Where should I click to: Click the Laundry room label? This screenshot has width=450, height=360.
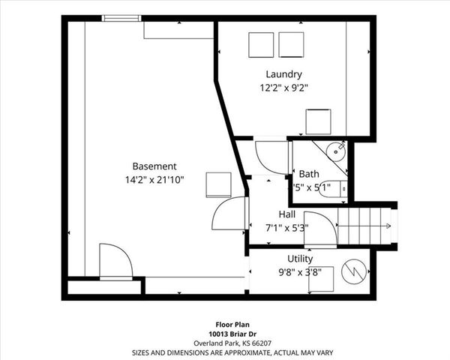(283, 74)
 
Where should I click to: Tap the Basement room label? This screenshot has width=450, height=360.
(154, 166)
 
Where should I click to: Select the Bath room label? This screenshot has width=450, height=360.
(308, 174)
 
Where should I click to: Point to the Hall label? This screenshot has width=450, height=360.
(287, 214)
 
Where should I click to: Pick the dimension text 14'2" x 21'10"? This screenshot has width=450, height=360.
(154, 180)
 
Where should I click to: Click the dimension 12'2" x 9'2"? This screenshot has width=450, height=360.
(283, 88)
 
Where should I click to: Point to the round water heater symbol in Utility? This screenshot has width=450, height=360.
(353, 271)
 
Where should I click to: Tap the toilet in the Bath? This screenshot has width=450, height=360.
(332, 189)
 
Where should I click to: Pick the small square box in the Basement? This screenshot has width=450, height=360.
(218, 184)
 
